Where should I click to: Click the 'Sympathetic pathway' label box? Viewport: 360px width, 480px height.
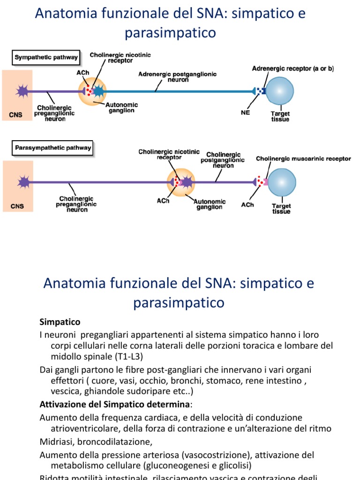point(45,58)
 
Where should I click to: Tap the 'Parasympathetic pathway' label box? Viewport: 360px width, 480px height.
point(52,148)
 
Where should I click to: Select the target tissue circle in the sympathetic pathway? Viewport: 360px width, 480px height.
point(279,90)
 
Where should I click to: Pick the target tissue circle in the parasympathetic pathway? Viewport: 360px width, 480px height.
point(281,182)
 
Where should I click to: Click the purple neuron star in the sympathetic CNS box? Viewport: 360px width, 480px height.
point(22,90)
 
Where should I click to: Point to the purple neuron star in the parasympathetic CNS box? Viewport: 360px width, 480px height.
point(22,181)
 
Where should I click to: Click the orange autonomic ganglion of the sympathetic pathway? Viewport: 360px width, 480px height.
point(92,91)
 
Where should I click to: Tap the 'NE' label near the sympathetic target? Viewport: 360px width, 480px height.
point(245,113)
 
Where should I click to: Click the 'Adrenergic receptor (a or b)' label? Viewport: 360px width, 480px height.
point(293,68)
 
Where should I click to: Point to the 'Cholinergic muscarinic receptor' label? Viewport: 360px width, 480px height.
point(303,159)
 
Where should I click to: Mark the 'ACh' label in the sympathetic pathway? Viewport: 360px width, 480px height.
point(82,73)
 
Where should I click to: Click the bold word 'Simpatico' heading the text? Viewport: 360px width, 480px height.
point(60,322)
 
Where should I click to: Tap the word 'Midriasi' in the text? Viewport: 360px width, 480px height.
point(56,442)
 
